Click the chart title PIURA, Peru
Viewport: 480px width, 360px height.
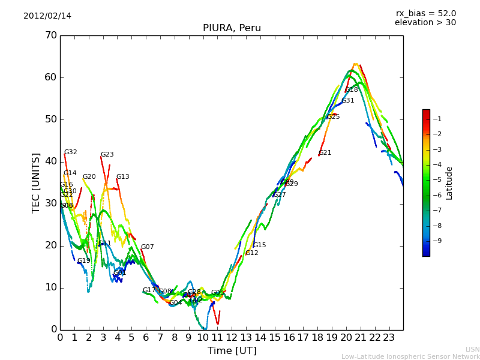click(232, 28)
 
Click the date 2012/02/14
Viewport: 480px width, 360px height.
click(47, 16)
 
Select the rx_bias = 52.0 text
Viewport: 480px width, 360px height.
click(425, 14)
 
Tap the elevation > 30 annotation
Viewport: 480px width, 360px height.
click(425, 23)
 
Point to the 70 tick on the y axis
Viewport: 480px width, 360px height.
click(50, 35)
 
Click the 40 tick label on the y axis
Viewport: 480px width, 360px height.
click(50, 161)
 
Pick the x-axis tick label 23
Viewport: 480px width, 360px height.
click(389, 338)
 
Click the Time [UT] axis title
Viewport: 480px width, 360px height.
click(232, 351)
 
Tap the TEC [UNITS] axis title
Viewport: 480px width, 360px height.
click(36, 183)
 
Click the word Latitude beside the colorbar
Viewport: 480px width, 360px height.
click(449, 183)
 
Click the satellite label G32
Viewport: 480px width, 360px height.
click(71, 152)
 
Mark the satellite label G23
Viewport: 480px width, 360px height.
click(107, 155)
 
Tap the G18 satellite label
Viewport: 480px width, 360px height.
click(352, 90)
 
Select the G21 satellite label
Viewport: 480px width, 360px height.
click(325, 153)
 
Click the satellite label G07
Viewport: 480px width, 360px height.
click(148, 247)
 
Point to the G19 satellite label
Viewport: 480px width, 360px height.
click(84, 261)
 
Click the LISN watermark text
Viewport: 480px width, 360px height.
click(472, 349)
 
